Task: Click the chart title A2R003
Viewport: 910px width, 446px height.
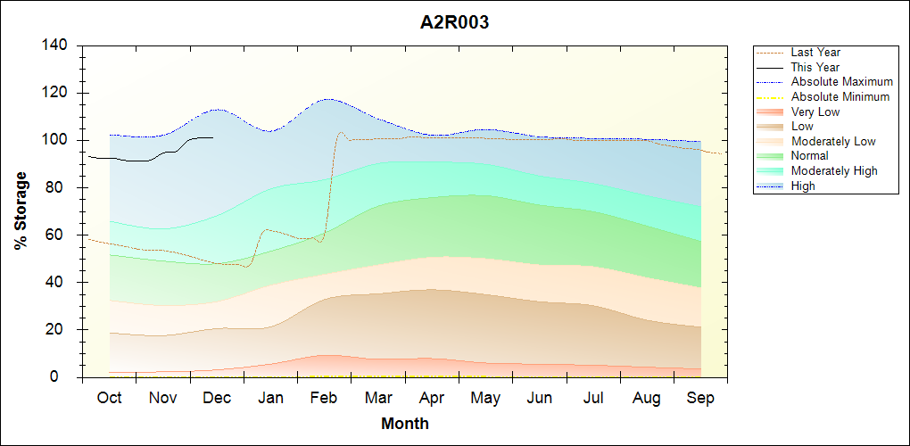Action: pyautogui.click(x=454, y=23)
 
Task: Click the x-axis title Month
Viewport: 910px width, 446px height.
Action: pyautogui.click(x=405, y=424)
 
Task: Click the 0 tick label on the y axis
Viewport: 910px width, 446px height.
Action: pyautogui.click(x=65, y=376)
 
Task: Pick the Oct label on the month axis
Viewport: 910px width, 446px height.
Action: pyautogui.click(x=109, y=398)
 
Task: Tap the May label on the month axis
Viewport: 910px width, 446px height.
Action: pyautogui.click(x=485, y=398)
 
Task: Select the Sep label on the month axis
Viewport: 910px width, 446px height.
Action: pyautogui.click(x=700, y=398)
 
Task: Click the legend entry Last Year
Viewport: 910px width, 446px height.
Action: pyautogui.click(x=815, y=53)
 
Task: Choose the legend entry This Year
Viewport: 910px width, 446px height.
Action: pyautogui.click(x=815, y=67)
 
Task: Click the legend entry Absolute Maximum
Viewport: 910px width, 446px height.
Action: pyautogui.click(x=841, y=82)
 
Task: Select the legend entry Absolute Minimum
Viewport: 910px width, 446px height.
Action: pyautogui.click(x=840, y=96)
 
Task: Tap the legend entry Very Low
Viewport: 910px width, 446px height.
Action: pyautogui.click(x=815, y=111)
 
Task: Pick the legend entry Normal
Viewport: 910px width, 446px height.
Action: pyautogui.click(x=810, y=155)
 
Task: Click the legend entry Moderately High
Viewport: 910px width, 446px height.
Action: pyautogui.click(x=834, y=170)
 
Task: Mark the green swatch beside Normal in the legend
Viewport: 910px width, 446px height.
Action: pyautogui.click(x=771, y=155)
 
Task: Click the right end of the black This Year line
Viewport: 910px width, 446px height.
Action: pyautogui.click(x=212, y=137)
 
